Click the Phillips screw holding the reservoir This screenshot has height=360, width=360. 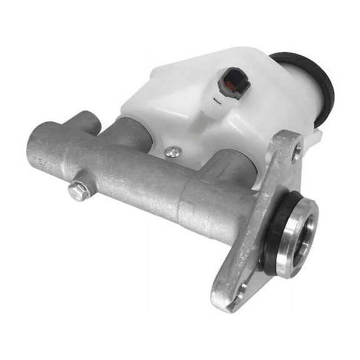[173, 152]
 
